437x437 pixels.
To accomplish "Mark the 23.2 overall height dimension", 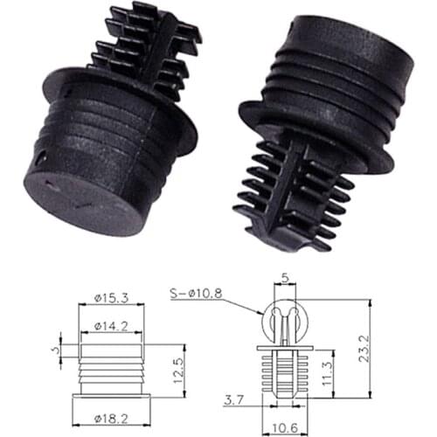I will coord(377,345).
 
